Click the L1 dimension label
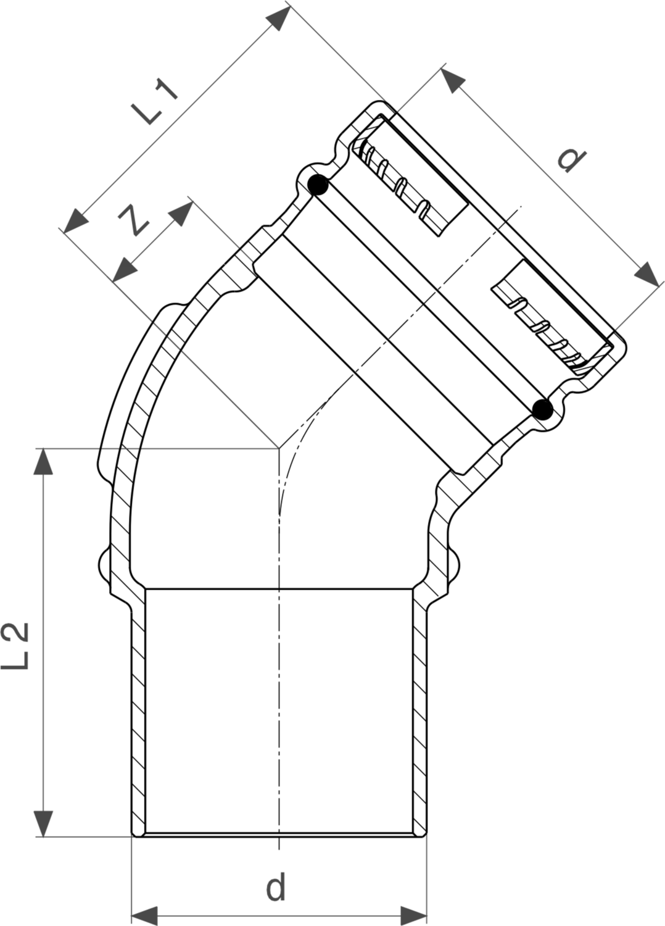(x=154, y=103)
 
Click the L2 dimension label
(x=15, y=646)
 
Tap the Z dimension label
(x=134, y=220)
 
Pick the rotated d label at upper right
(x=572, y=161)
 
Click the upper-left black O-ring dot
(x=318, y=185)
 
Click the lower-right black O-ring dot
(x=542, y=410)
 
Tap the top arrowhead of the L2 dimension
(x=43, y=461)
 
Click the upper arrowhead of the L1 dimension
(x=278, y=18)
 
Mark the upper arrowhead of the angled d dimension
(x=453, y=80)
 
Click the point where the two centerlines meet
(x=279, y=449)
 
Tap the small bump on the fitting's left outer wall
(x=104, y=564)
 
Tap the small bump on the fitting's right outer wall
(x=455, y=564)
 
